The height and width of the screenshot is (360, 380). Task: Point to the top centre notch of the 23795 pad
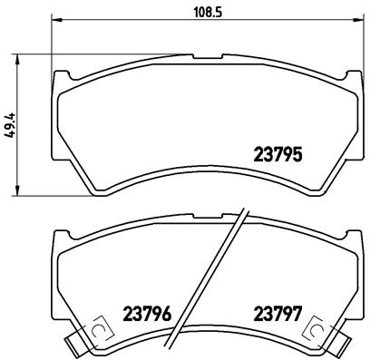(201, 71)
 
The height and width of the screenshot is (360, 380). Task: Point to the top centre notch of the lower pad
(201, 230)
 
